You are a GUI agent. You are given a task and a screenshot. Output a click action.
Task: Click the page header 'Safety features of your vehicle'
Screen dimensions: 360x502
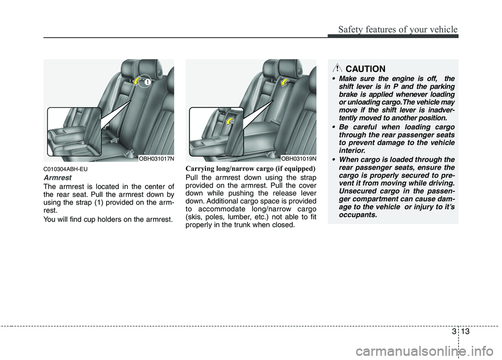tap(397, 29)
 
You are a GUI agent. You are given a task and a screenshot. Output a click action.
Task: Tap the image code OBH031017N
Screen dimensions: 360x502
tap(156, 158)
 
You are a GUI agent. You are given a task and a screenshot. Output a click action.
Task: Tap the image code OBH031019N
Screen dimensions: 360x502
tap(298, 158)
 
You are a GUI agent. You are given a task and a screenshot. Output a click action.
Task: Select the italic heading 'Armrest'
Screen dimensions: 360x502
tap(56, 178)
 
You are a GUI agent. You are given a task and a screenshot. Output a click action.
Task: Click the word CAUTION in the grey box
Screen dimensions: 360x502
tap(366, 69)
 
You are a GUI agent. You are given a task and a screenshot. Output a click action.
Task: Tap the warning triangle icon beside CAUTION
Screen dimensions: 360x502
tap(338, 68)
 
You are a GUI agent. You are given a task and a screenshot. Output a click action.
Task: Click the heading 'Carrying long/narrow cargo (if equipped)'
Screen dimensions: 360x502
tap(250, 169)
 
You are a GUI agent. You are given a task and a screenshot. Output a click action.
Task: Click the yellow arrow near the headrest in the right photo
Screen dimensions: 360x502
tap(286, 82)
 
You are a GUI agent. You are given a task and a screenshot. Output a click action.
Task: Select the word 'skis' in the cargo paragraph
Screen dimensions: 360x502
tap(193, 217)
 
